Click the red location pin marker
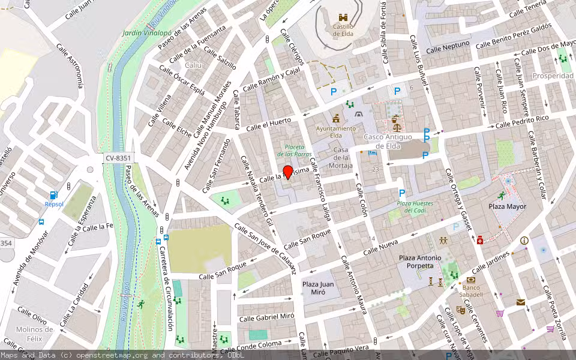tap(288, 172)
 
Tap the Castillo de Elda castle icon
tap(343, 18)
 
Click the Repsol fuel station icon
tap(53, 195)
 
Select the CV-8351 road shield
tap(118, 158)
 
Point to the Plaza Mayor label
tap(507, 206)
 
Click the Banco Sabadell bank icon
tap(471, 280)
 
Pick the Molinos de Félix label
tap(34, 334)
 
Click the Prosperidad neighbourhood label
tap(553, 76)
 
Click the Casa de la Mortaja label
tap(341, 158)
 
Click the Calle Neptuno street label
tap(448, 47)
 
